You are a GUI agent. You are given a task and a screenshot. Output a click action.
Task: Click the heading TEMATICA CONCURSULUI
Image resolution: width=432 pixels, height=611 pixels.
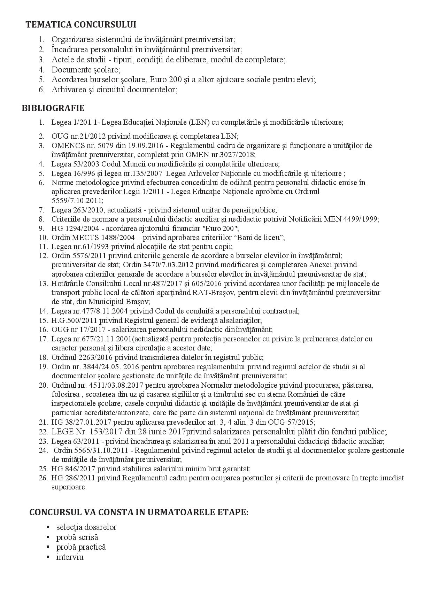(81, 25)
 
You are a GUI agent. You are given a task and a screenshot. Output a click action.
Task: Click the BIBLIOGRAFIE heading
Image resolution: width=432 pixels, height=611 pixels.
(53, 108)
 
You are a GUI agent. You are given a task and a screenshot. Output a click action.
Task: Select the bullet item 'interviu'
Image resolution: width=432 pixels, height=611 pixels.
(70, 557)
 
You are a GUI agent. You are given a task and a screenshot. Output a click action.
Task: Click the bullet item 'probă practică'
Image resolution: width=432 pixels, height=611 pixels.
(81, 547)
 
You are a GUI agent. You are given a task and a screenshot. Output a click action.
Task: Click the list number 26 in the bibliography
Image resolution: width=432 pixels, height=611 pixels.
(43, 478)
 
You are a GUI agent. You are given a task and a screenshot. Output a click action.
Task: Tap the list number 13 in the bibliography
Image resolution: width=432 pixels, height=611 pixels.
(43, 284)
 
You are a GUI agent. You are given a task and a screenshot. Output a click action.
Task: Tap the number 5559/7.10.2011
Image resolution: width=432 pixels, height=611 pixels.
(77, 201)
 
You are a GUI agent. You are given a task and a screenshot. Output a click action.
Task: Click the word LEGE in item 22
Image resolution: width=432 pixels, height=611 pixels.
(61, 432)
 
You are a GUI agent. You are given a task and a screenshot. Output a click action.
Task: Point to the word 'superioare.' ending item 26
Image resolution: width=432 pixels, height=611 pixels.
(69, 487)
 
